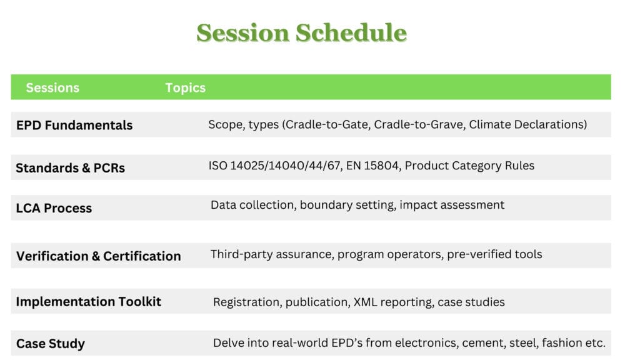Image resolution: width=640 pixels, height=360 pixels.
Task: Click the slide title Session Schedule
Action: (301, 32)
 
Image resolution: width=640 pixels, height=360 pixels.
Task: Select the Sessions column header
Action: (52, 87)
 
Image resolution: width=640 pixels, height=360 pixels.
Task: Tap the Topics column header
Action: (185, 87)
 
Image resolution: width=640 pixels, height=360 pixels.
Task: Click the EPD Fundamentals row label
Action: (74, 125)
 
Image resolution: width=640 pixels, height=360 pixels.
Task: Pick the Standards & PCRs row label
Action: (70, 167)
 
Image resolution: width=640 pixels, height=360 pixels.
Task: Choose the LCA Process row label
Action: (54, 208)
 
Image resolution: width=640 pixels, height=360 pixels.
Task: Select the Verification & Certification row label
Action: (98, 256)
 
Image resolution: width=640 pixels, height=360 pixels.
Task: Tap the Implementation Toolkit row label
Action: (88, 302)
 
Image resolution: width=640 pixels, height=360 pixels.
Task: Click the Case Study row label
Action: (50, 344)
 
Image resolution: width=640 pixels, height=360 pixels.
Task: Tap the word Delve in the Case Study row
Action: (228, 343)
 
